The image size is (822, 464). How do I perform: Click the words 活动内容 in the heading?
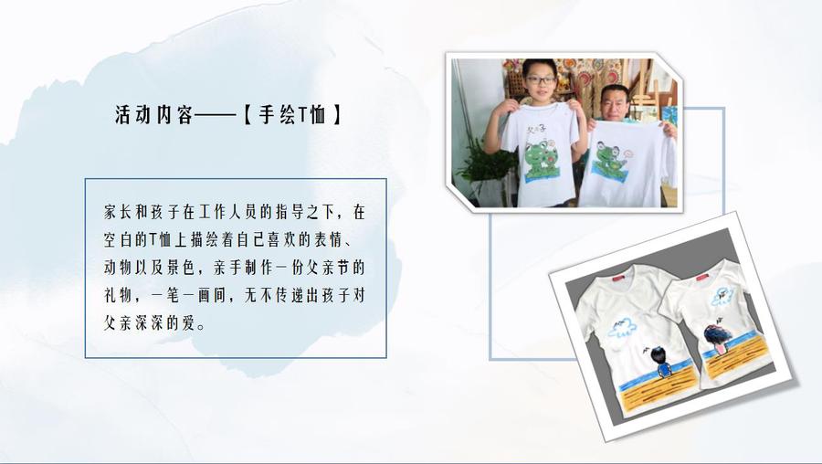coord(154,115)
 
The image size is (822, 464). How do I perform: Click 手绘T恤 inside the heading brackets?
coord(292,115)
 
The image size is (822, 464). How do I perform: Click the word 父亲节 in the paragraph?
coord(327,268)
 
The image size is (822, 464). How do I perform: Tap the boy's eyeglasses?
coord(540,80)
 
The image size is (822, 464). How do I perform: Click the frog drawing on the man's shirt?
coord(610,158)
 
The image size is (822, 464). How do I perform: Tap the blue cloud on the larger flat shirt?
coord(622,328)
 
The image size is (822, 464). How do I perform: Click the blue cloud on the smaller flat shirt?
coord(722,296)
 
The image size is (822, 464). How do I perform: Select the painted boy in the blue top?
coord(663,363)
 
